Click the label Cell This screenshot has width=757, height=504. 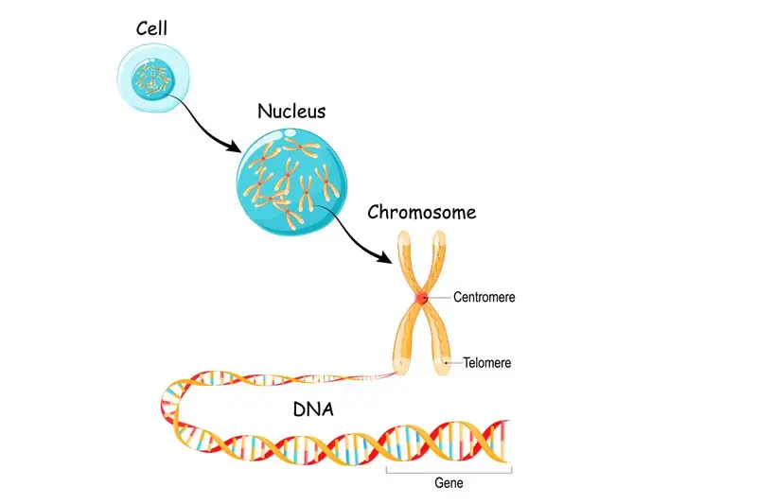(151, 27)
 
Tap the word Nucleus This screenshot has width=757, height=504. (291, 111)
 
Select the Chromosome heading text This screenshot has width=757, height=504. (421, 212)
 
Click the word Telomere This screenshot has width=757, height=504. (486, 362)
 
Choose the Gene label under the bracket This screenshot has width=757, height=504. (449, 483)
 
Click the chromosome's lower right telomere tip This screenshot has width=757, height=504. (442, 364)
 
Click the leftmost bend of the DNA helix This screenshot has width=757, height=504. (167, 407)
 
